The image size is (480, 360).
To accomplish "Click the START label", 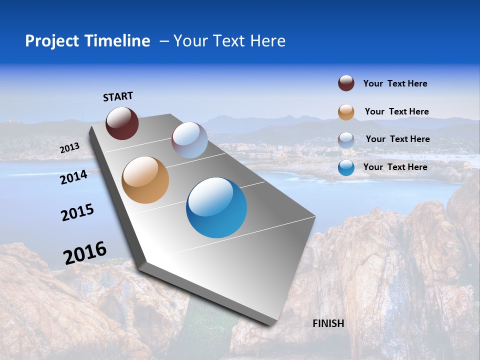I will pyautogui.click(x=118, y=96).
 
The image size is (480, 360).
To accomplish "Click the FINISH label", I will pyautogui.click(x=328, y=323).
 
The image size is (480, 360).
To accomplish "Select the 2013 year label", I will pyautogui.click(x=69, y=148).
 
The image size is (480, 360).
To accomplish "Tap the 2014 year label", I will pyautogui.click(x=74, y=177).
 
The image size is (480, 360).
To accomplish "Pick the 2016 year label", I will pyautogui.click(x=85, y=253).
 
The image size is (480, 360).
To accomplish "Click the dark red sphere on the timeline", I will pyautogui.click(x=122, y=123).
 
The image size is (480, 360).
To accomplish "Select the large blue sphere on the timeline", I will pyautogui.click(x=216, y=207).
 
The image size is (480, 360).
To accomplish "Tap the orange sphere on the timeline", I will pyautogui.click(x=145, y=180).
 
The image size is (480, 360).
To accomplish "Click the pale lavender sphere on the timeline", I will pyautogui.click(x=189, y=140).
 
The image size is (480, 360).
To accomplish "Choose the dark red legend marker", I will pyautogui.click(x=346, y=83).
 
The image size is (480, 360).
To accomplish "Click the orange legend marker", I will pyautogui.click(x=346, y=112).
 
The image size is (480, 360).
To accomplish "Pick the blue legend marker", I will pyautogui.click(x=346, y=167).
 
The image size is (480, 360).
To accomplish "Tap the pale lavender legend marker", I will pyautogui.click(x=346, y=139).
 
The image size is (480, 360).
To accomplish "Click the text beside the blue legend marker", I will pyautogui.click(x=395, y=167).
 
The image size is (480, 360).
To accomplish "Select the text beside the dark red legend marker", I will pyautogui.click(x=395, y=83).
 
